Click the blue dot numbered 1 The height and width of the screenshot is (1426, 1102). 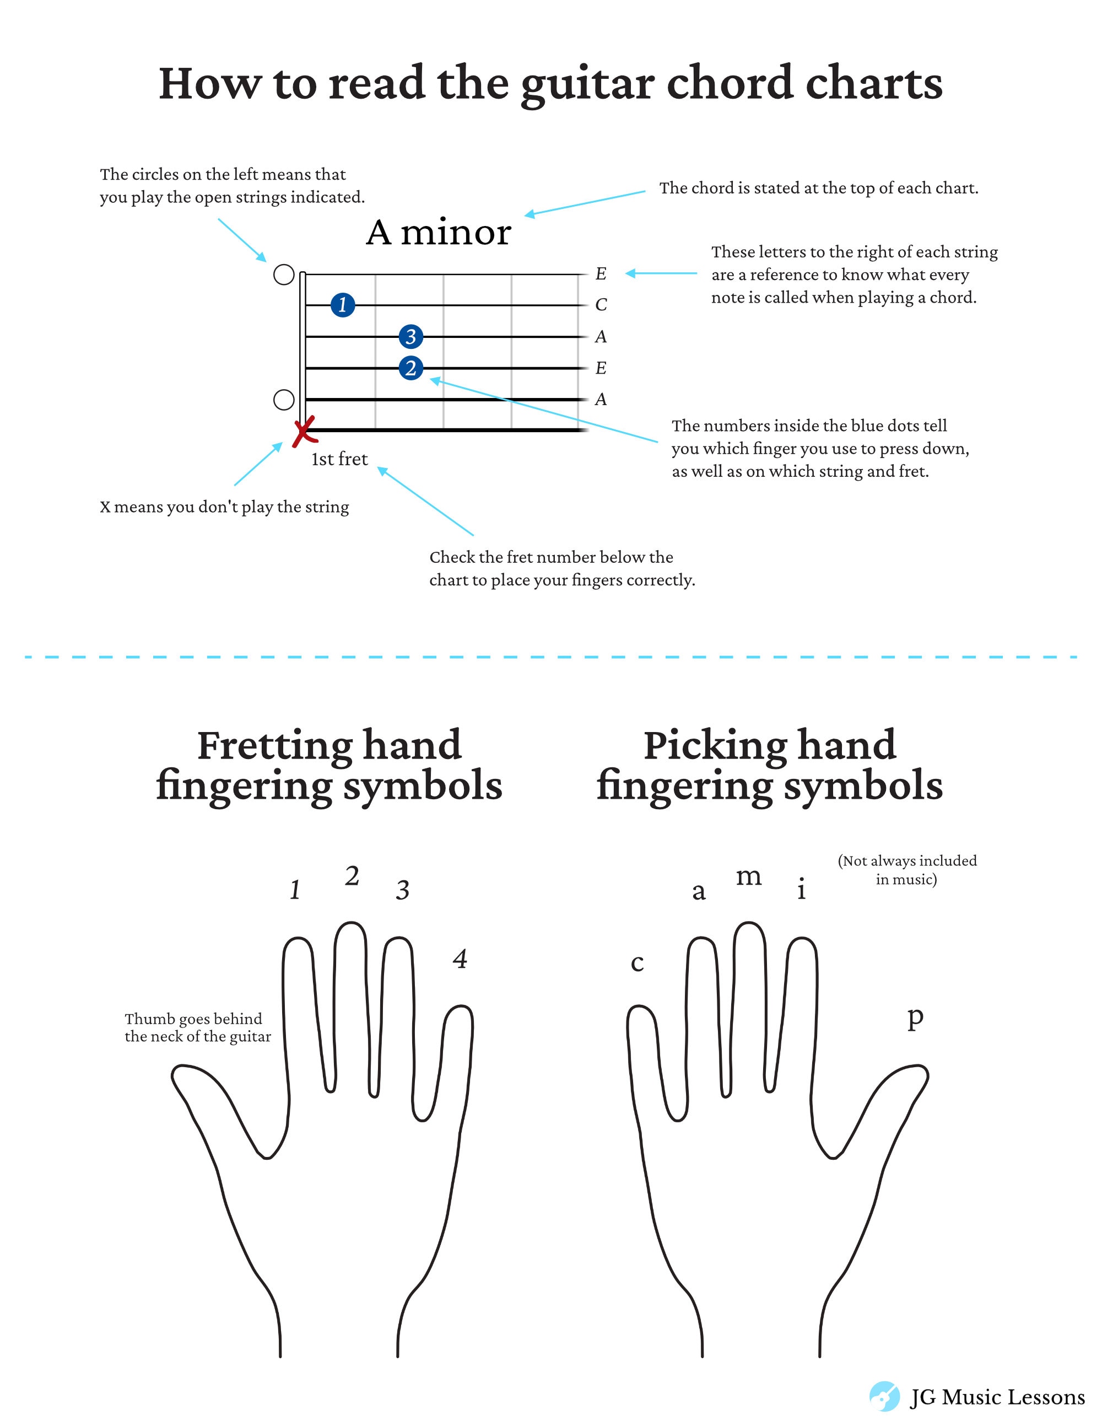click(343, 305)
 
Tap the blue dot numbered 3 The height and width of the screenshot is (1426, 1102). click(410, 336)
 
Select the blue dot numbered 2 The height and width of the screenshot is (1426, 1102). click(410, 368)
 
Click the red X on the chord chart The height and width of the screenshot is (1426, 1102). click(304, 431)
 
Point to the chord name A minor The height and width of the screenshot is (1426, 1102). click(438, 233)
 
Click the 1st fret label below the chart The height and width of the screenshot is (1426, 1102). click(339, 459)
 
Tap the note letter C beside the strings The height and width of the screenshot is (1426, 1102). click(601, 305)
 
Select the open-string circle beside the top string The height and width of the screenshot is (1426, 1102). click(283, 275)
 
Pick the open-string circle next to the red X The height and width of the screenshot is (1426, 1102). click(283, 400)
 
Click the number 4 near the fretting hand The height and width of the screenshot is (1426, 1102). click(460, 959)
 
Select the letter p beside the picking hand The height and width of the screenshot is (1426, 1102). click(915, 1019)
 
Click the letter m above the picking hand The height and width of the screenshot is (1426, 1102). click(749, 877)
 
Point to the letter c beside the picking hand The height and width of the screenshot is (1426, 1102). click(637, 963)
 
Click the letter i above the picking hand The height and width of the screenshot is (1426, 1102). click(802, 889)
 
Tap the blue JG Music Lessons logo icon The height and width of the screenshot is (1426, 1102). click(884, 1397)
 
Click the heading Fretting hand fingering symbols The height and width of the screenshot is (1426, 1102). click(329, 765)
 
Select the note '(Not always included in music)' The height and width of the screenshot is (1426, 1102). click(907, 870)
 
